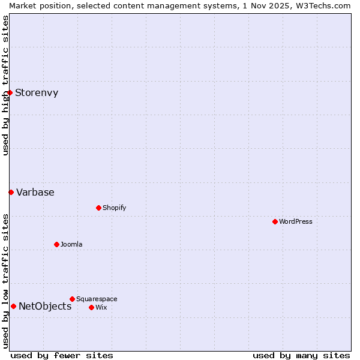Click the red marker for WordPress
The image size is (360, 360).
coord(275,221)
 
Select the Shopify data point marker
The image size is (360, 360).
coord(98,208)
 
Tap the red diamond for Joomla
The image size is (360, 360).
coord(56,244)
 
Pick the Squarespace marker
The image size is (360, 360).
coord(72,299)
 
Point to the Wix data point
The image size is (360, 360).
coord(91,307)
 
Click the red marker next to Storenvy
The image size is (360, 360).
coord(10,92)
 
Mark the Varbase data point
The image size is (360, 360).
coord(11,192)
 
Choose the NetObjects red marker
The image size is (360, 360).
coord(13,306)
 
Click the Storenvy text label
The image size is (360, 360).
coord(37,92)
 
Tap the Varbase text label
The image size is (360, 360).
coord(35,192)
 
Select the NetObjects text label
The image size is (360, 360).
coord(45,306)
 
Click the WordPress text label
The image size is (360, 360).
coord(296,221)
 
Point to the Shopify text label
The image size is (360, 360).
coord(115,208)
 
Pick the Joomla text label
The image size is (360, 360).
coord(71,244)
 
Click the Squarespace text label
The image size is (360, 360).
coord(97,299)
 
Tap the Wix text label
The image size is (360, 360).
coord(101,307)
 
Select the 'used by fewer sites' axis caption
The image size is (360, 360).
coord(62,355)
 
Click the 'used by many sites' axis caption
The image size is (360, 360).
coord(301,355)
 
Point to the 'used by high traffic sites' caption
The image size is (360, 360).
coord(5,85)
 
